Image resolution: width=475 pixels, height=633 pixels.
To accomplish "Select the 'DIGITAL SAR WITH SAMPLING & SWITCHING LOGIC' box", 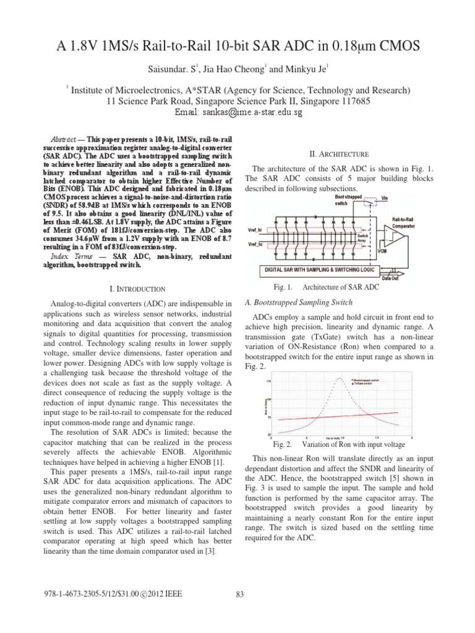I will pyautogui.click(x=317, y=270).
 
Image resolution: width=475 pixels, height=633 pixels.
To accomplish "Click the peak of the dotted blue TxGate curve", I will pyautogui.click(x=338, y=379).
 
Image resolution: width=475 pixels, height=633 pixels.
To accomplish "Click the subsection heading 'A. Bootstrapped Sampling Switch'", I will pyautogui.click(x=299, y=302).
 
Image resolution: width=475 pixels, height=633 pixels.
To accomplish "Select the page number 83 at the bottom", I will pyautogui.click(x=241, y=595).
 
